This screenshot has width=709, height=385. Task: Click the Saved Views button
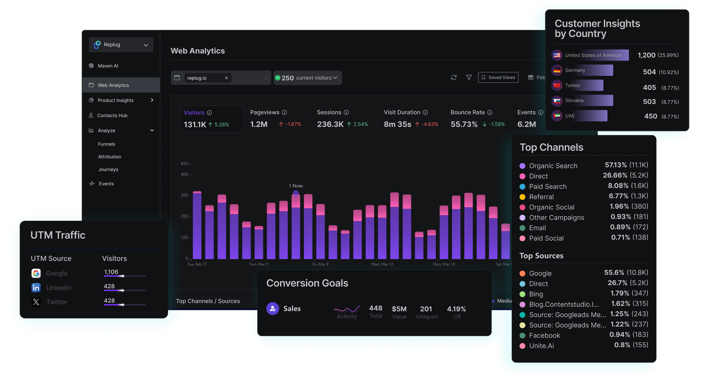pyautogui.click(x=498, y=78)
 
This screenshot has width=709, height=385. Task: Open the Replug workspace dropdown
pyautogui.click(x=121, y=45)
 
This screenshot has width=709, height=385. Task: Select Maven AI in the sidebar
pyautogui.click(x=108, y=66)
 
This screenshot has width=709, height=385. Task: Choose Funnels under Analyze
pyautogui.click(x=107, y=144)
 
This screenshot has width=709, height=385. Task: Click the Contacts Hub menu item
pyautogui.click(x=112, y=116)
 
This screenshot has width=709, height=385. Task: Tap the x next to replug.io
pyautogui.click(x=226, y=78)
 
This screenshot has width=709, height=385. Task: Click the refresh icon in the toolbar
pyautogui.click(x=454, y=78)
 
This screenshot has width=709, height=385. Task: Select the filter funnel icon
pyautogui.click(x=469, y=78)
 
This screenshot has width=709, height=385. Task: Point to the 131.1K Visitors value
pyautogui.click(x=195, y=125)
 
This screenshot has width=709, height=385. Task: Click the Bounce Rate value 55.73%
pyautogui.click(x=464, y=124)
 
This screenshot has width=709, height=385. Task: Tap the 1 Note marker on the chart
pyautogui.click(x=296, y=193)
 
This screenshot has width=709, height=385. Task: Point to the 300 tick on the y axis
pyautogui.click(x=185, y=195)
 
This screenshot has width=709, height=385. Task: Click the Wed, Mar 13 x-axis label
pyautogui.click(x=382, y=264)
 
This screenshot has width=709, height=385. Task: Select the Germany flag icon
pyautogui.click(x=557, y=71)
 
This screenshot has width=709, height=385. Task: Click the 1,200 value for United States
pyautogui.click(x=647, y=55)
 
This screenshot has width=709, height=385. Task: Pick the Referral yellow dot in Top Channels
pyautogui.click(x=523, y=197)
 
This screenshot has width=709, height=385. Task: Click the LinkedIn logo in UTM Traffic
pyautogui.click(x=36, y=288)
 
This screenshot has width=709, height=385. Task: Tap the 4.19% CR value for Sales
pyautogui.click(x=456, y=309)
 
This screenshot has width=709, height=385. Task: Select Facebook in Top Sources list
pyautogui.click(x=544, y=336)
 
